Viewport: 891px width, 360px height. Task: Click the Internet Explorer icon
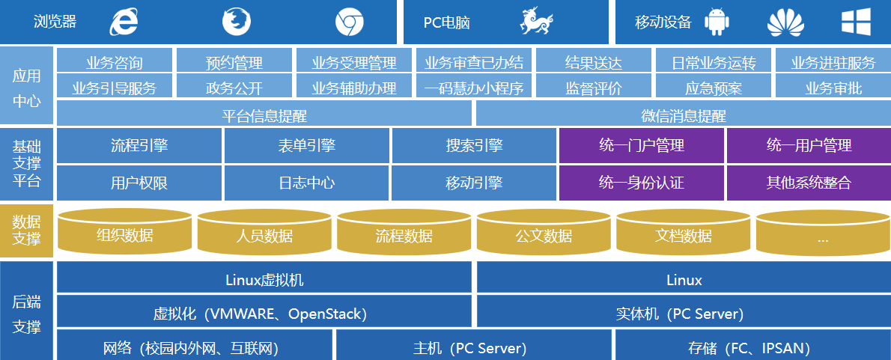(x=124, y=22)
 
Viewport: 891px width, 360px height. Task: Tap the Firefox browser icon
(x=236, y=22)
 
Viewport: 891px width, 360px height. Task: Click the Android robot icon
(x=717, y=22)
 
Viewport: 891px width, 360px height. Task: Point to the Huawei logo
(x=785, y=22)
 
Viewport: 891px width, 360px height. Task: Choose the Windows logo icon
(x=855, y=22)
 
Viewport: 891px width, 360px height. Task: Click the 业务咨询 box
(x=115, y=63)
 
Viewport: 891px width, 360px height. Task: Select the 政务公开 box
(x=234, y=88)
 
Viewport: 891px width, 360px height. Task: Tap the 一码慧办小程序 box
(x=474, y=88)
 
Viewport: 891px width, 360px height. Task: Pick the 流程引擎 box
(x=139, y=145)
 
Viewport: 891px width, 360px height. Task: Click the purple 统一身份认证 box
(x=642, y=182)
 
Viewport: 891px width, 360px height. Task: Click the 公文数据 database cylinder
(x=544, y=234)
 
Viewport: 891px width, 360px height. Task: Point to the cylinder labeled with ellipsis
(x=823, y=236)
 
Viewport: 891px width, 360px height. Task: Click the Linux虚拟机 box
(x=264, y=280)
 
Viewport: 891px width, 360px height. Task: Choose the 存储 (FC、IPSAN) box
(x=752, y=347)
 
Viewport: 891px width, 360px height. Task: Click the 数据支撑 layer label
(x=26, y=231)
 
